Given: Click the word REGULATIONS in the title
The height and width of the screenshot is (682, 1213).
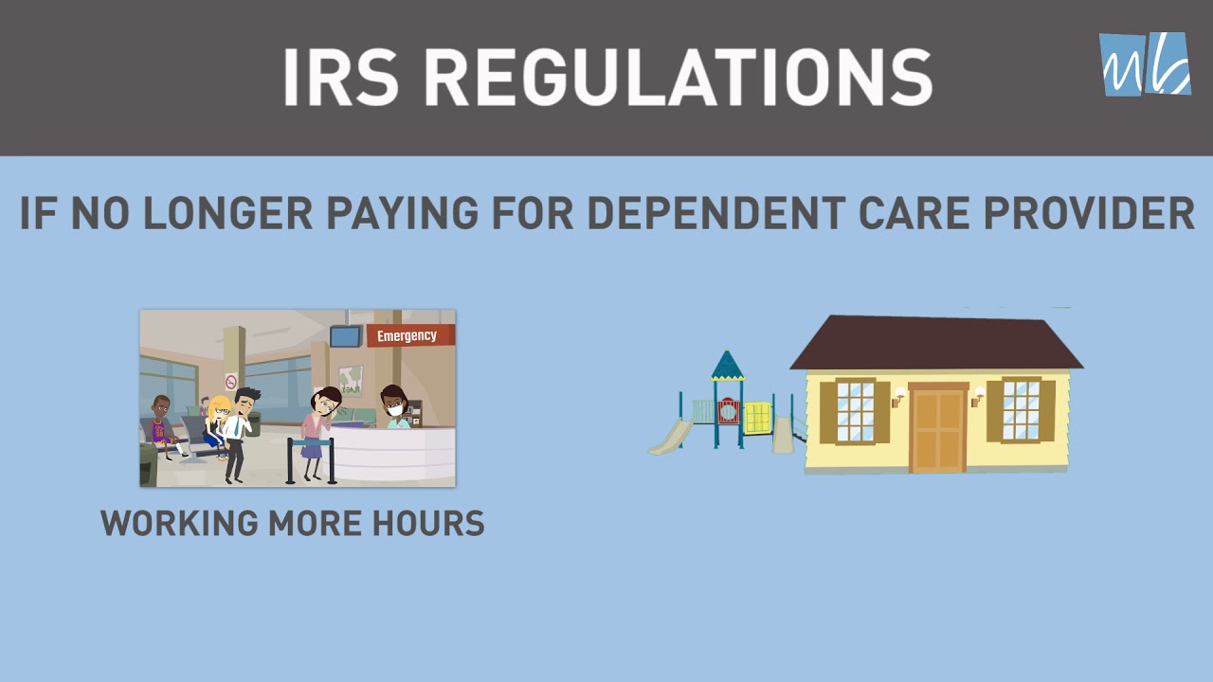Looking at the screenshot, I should pos(678,77).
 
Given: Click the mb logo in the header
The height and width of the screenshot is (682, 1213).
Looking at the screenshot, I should pos(1145,63).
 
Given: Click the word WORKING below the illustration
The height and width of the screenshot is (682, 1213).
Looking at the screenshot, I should pos(179,523).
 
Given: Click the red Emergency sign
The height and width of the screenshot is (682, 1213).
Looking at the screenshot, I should pos(409,335).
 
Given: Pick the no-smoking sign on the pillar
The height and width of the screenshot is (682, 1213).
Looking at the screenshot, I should pos(230,382).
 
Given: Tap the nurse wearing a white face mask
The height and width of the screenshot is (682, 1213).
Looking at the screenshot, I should pos(393,407).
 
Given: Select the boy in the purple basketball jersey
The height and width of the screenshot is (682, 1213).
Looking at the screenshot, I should pos(162,425).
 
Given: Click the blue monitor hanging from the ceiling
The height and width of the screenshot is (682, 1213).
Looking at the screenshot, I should pos(345,336).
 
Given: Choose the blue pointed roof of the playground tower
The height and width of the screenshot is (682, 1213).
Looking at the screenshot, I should pos(727,365).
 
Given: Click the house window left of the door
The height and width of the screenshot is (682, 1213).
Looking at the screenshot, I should pos(855,411).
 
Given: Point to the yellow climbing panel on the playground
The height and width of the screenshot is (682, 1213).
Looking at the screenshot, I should pos(757,418).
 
